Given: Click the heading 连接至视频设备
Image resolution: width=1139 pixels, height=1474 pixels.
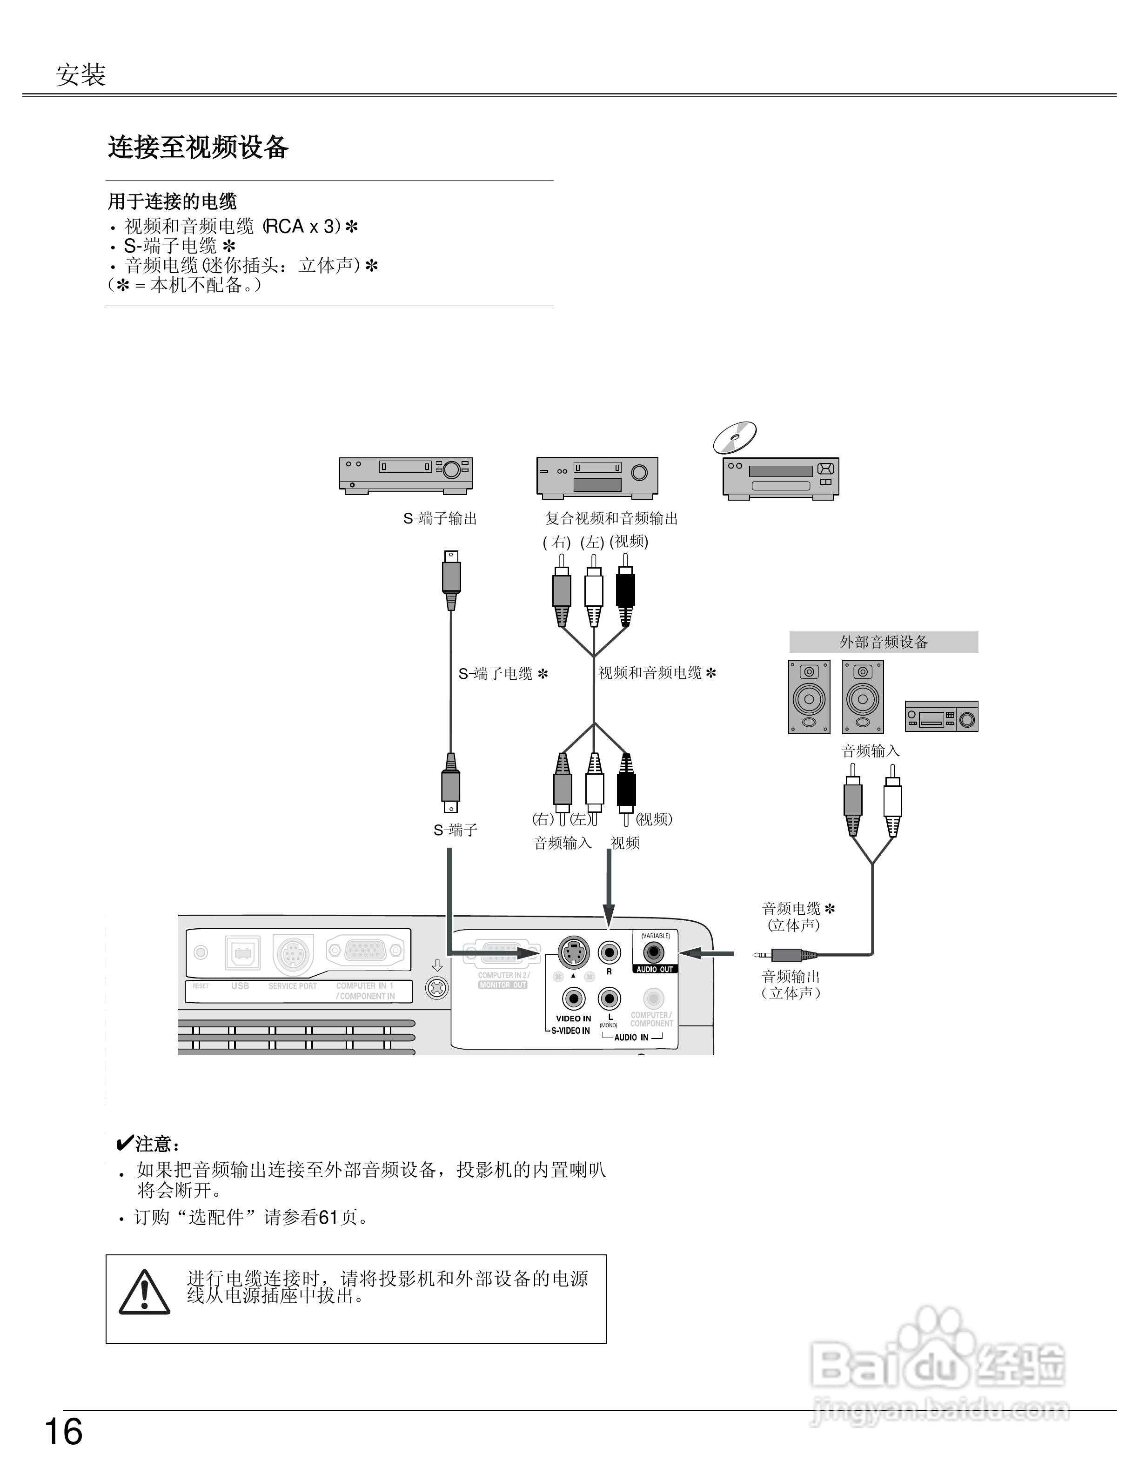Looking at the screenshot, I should pyautogui.click(x=198, y=147).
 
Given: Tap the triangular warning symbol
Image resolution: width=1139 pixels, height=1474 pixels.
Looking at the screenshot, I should pyautogui.click(x=144, y=1293).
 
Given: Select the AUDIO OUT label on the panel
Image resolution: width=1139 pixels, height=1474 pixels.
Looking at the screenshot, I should pyautogui.click(x=655, y=969).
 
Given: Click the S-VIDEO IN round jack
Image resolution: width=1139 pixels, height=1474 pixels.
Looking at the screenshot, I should pyautogui.click(x=574, y=952).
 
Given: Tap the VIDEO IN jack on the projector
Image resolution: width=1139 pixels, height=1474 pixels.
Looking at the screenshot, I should pyautogui.click(x=574, y=998).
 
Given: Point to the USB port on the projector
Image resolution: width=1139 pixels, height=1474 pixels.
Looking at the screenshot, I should pyautogui.click(x=242, y=953).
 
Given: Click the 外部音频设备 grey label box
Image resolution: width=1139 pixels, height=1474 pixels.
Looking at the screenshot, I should pyautogui.click(x=883, y=642).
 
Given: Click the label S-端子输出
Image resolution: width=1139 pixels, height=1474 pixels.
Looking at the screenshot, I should pyautogui.click(x=440, y=518).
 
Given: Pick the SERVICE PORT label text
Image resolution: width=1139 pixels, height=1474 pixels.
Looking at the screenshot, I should pyautogui.click(x=292, y=986).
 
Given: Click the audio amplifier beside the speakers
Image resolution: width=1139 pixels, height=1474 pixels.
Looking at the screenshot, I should pyautogui.click(x=941, y=717).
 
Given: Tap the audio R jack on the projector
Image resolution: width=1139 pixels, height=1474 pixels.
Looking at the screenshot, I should pyautogui.click(x=610, y=952).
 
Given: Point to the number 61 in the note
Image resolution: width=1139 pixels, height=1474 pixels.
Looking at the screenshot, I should pyautogui.click(x=328, y=1217).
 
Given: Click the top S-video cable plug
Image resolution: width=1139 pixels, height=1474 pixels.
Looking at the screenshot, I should pyautogui.click(x=451, y=577).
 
